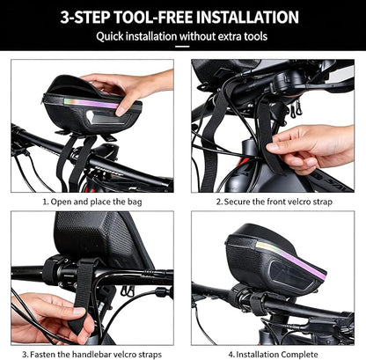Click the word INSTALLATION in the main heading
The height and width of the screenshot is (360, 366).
pyautogui.click(x=247, y=17)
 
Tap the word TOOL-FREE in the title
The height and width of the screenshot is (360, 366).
pyautogui.click(x=154, y=17)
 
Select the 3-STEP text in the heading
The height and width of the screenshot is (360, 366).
pyautogui.click(x=86, y=17)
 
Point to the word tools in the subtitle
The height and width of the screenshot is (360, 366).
pyautogui.click(x=255, y=37)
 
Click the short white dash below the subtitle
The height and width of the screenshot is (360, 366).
pyautogui.click(x=182, y=47)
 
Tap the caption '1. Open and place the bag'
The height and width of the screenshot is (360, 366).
pyautogui.click(x=92, y=202)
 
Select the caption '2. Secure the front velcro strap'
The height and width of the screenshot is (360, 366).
pyautogui.click(x=274, y=202)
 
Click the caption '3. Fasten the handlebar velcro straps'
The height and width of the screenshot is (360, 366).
pyautogui.click(x=92, y=354)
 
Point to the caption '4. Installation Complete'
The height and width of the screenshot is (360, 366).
pyautogui.click(x=273, y=354)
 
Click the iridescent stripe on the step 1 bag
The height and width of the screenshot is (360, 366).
pyautogui.click(x=91, y=103)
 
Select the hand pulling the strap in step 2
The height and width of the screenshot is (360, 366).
pyautogui.click(x=314, y=148)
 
